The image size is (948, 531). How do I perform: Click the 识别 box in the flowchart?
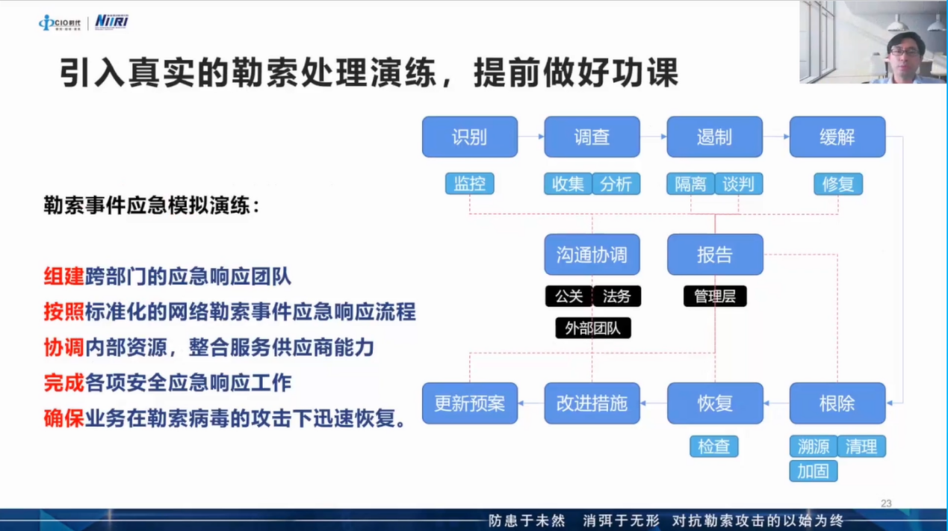click(x=470, y=137)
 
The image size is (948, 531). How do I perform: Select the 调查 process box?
click(x=592, y=137)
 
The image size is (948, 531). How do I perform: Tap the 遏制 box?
click(x=715, y=137)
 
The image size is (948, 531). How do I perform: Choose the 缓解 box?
click(x=837, y=137)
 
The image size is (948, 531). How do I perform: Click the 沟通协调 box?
click(x=592, y=255)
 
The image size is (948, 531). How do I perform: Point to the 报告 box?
click(x=715, y=255)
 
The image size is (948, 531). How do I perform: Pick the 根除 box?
click(x=837, y=403)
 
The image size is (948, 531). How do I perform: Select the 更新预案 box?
click(x=470, y=403)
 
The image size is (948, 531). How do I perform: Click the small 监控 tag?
click(x=470, y=184)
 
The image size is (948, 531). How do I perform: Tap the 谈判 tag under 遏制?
click(x=739, y=184)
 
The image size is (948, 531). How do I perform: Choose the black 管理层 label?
click(x=715, y=296)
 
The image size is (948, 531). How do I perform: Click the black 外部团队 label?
click(x=593, y=328)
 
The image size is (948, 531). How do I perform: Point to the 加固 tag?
click(x=814, y=471)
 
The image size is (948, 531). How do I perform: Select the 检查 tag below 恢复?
click(x=714, y=447)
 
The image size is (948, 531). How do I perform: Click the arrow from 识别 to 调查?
click(x=531, y=137)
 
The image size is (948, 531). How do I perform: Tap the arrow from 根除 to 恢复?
click(x=777, y=403)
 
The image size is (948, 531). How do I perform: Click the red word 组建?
click(x=64, y=277)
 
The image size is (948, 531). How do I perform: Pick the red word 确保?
click(x=64, y=418)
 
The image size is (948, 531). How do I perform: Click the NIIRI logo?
click(x=111, y=22)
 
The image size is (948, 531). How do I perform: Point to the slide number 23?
click(x=886, y=503)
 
